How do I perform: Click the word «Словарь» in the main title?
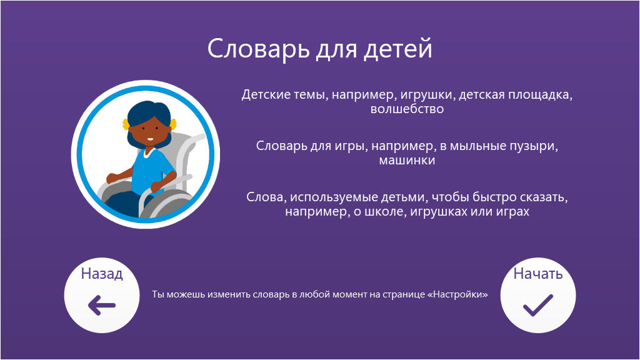[258, 49]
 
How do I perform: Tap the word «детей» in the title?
[397, 49]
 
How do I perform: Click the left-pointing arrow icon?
[102, 305]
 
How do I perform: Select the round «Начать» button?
[538, 295]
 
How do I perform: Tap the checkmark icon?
[538, 305]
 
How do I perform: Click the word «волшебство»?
[407, 109]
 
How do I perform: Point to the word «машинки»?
[407, 161]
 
